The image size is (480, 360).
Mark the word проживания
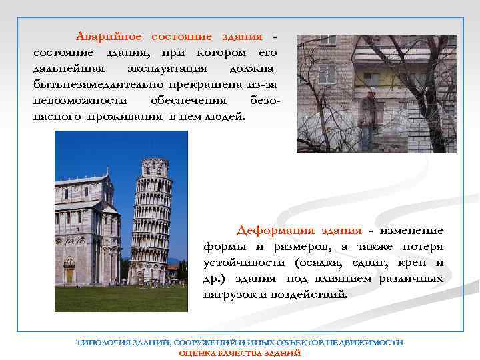[128, 116]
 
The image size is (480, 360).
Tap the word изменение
[411, 231]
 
